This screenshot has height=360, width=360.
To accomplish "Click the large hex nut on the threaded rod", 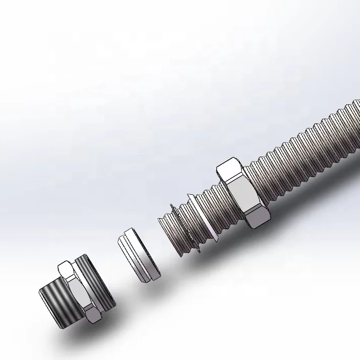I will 243,193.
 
